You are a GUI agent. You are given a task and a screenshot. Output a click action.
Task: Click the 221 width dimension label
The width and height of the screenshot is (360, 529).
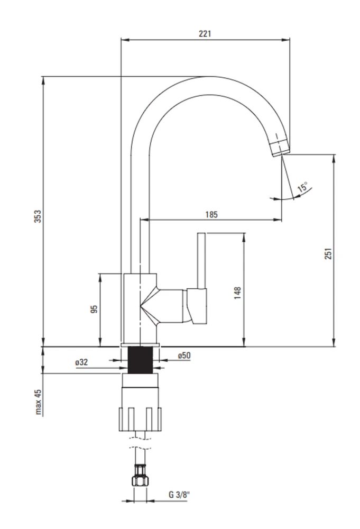[205, 33]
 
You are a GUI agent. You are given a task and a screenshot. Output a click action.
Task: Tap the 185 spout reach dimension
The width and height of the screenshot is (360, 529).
[211, 214]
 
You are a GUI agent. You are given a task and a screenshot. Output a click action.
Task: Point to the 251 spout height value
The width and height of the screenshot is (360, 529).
[328, 253]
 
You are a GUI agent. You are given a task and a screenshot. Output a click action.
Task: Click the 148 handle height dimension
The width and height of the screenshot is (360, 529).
[237, 293]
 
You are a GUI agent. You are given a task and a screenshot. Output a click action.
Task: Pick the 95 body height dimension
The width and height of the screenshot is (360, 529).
[94, 309]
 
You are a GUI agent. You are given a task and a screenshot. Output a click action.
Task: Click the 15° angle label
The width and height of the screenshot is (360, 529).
[303, 187]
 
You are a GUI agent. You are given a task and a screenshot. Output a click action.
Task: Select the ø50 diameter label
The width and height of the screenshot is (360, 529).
[184, 355]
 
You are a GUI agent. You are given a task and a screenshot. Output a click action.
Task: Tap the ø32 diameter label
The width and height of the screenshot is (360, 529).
[81, 362]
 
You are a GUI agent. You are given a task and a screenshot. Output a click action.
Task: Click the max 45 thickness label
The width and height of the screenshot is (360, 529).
[38, 402]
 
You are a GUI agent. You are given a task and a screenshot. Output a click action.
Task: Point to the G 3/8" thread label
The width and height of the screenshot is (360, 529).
[179, 495]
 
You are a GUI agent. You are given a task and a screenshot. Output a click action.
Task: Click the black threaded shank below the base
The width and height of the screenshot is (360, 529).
[140, 360]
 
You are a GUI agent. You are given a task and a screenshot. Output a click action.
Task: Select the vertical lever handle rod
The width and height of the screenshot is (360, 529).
[201, 260]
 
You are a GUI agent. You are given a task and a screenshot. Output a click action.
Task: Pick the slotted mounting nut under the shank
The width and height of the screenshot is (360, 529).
[140, 419]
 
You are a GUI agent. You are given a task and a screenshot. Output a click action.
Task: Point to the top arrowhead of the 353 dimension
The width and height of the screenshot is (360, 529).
[43, 80]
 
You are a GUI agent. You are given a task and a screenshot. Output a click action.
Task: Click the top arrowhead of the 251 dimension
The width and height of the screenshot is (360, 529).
[334, 159]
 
